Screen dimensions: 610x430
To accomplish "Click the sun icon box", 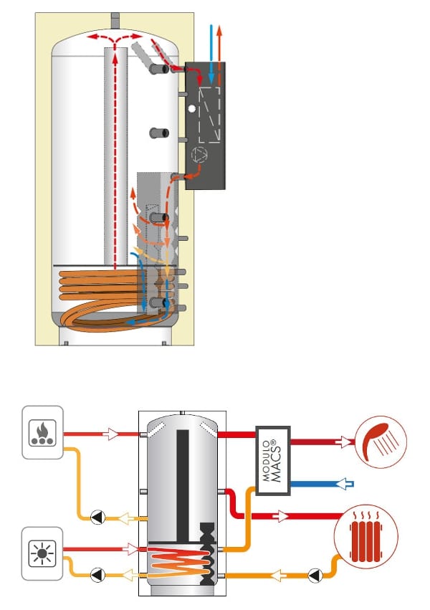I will pos(43,553).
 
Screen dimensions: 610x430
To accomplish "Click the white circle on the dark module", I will pos(191,108).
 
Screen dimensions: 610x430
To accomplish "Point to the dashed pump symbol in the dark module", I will pos(197,154).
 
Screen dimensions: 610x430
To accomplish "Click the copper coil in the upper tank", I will pos(93,287).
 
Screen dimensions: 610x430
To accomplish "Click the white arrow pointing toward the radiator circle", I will pos(283,516).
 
